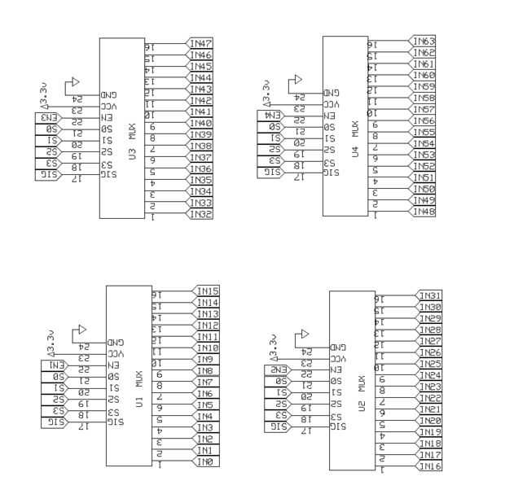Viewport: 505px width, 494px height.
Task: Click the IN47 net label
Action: (x=200, y=43)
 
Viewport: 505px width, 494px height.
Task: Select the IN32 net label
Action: (x=200, y=214)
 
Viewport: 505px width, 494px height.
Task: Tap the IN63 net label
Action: (x=423, y=41)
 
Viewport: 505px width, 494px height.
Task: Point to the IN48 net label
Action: (x=423, y=212)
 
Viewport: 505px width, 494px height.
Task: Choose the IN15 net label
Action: (x=206, y=291)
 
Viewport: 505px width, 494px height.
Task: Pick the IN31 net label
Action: (x=428, y=295)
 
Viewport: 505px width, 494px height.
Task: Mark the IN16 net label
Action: (x=428, y=466)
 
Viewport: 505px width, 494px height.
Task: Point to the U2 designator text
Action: (x=358, y=406)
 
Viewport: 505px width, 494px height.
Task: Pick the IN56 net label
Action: (x=423, y=120)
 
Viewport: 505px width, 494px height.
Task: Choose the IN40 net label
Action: (x=200, y=123)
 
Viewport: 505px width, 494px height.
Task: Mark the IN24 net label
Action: (x=428, y=375)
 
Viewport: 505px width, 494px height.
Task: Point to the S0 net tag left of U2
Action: (x=279, y=381)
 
